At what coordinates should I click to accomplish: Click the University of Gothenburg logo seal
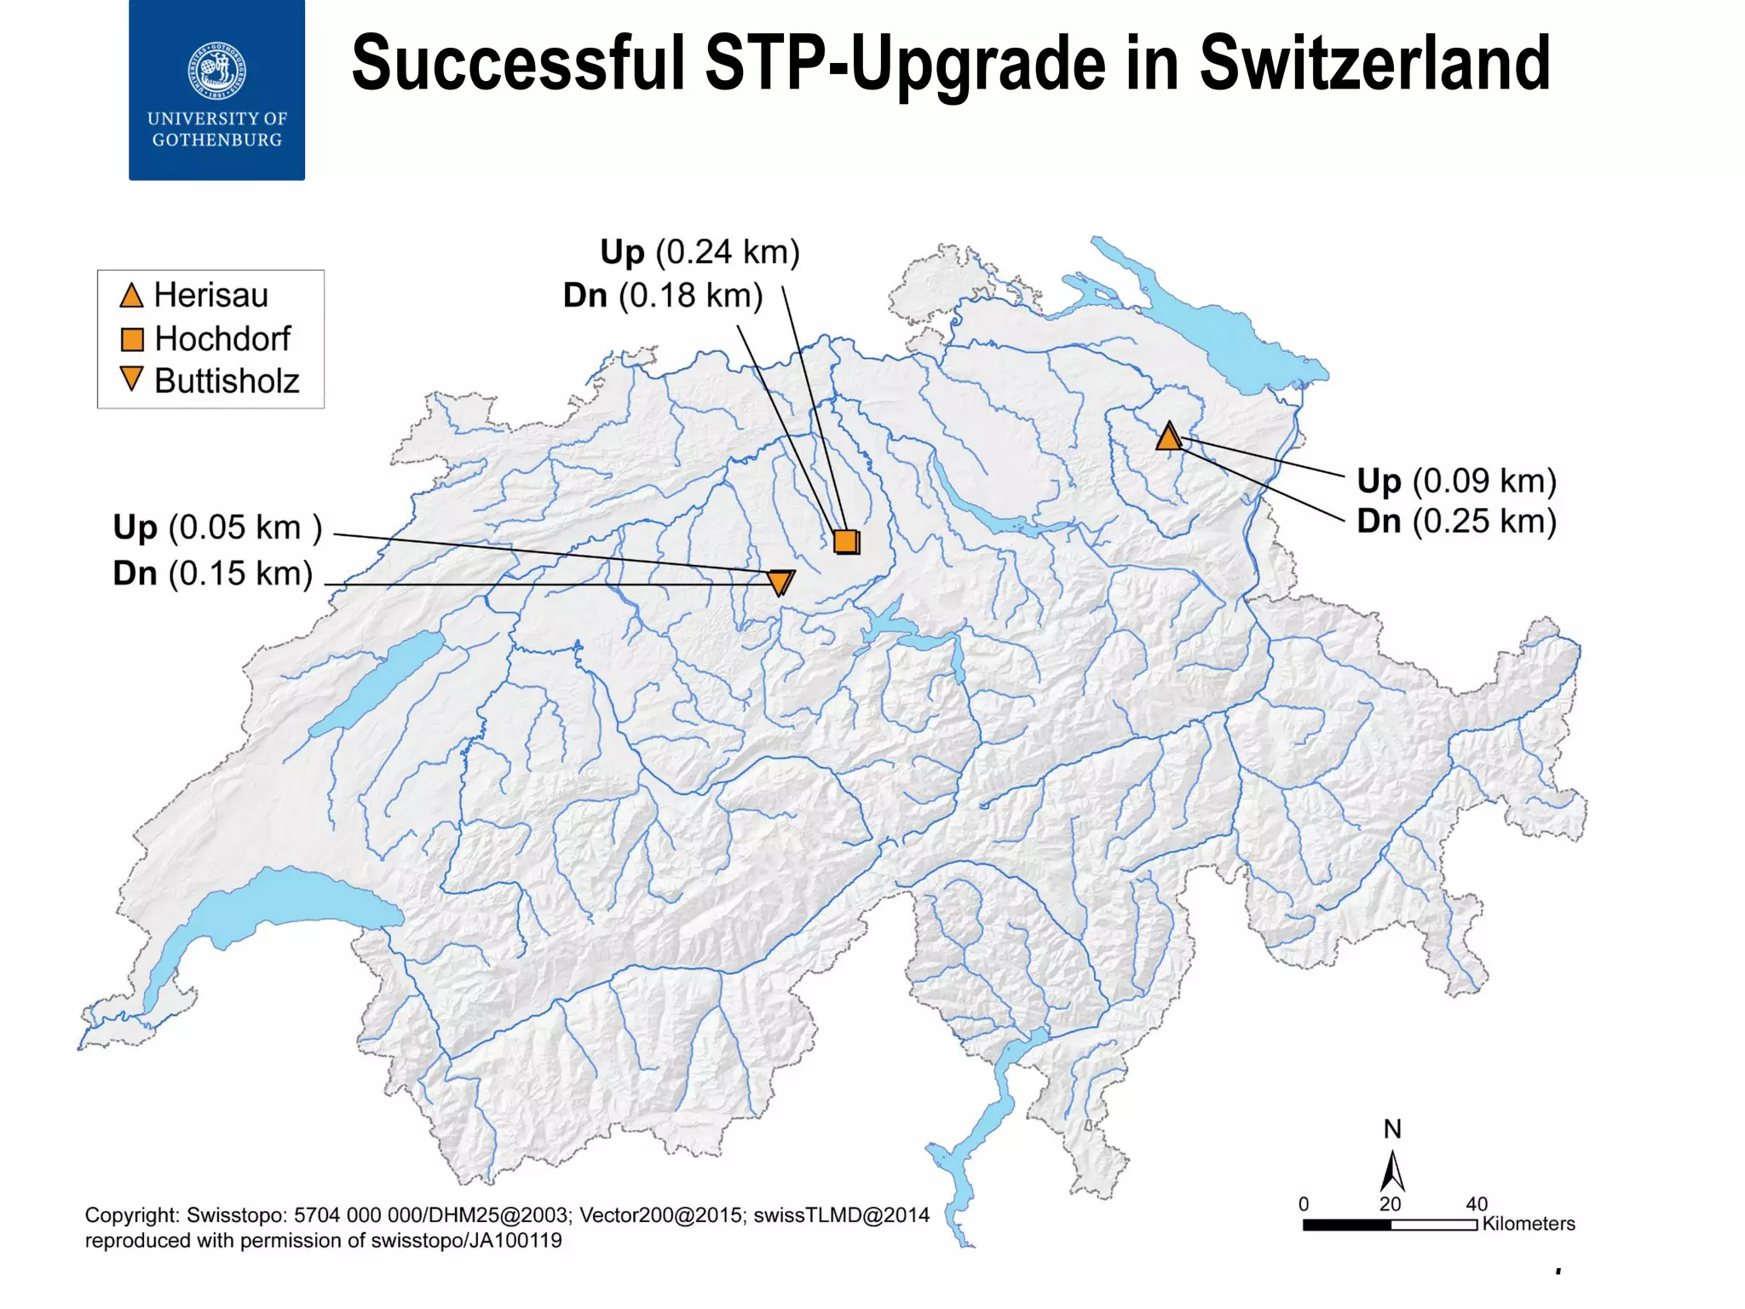(x=217, y=70)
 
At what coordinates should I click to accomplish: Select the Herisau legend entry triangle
(x=131, y=296)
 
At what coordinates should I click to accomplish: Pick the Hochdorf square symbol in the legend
(x=132, y=339)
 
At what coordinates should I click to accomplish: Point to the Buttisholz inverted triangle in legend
(x=131, y=378)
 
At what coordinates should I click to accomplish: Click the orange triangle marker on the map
(x=1169, y=437)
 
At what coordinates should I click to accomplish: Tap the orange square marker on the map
(x=846, y=541)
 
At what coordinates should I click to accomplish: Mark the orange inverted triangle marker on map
(x=780, y=582)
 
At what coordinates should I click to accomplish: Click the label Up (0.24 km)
(x=700, y=252)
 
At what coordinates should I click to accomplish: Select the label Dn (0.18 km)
(x=663, y=296)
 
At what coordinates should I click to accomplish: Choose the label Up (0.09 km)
(x=1456, y=481)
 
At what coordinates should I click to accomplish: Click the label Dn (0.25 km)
(x=1456, y=521)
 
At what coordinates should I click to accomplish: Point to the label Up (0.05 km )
(x=217, y=528)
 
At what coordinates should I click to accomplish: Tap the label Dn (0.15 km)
(x=213, y=574)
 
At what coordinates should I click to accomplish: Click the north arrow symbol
(x=1392, y=1172)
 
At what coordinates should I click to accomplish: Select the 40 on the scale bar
(x=1477, y=1204)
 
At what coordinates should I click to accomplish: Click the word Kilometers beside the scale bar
(x=1529, y=1224)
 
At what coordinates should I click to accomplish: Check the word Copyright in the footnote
(x=131, y=1215)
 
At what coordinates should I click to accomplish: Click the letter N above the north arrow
(x=1392, y=1129)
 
